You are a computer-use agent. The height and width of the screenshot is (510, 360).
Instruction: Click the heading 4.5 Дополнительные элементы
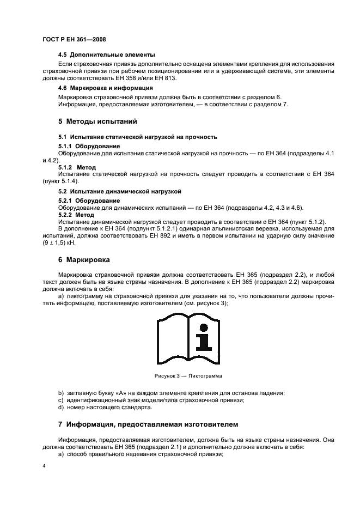[x=106, y=54]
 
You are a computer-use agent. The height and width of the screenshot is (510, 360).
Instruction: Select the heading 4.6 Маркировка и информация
[x=105, y=87]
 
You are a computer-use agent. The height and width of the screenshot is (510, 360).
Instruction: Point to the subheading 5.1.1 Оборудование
[x=89, y=147]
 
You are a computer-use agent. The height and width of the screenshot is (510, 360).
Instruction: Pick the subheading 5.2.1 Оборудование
[x=89, y=201]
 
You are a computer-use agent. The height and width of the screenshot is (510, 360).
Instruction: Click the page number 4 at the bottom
[x=44, y=466]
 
